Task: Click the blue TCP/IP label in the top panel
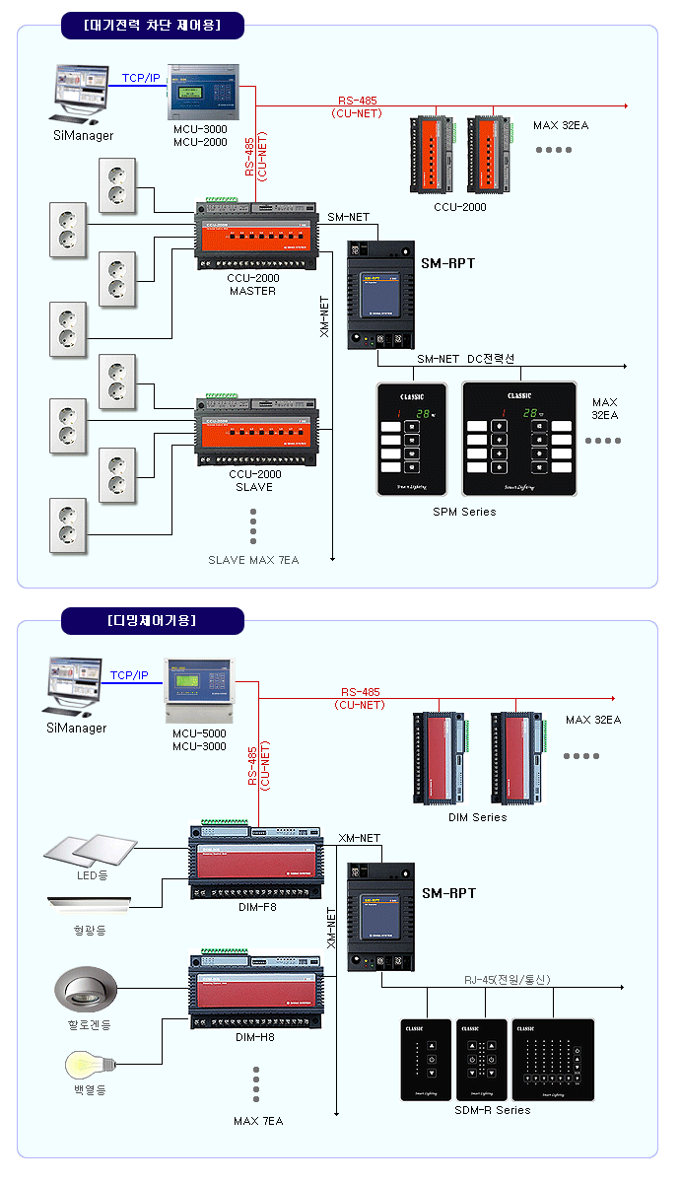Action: coord(141,78)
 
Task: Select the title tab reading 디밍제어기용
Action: coord(152,620)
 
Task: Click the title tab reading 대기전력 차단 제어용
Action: coord(152,24)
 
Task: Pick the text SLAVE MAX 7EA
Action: coord(253,560)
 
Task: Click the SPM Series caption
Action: coord(464,512)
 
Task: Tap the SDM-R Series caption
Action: coord(493,1110)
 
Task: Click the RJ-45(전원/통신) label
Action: coord(508,979)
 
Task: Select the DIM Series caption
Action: coord(477,817)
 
